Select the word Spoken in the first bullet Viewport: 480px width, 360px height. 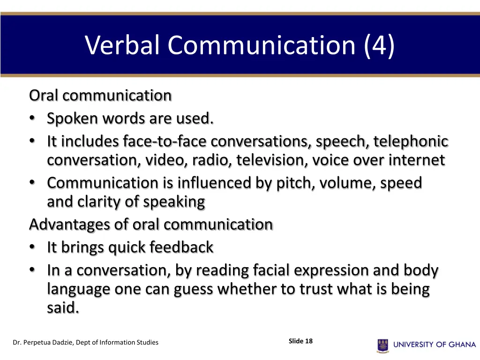coord(72,119)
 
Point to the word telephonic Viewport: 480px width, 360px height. coord(411,141)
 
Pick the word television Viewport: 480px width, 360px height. coord(272,161)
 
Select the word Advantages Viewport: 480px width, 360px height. coord(70,225)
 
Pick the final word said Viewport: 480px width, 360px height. coord(63,308)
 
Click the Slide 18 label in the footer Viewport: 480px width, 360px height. coord(300,341)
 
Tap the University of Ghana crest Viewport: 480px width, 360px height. coord(382,345)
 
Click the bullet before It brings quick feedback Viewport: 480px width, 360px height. coord(31,247)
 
